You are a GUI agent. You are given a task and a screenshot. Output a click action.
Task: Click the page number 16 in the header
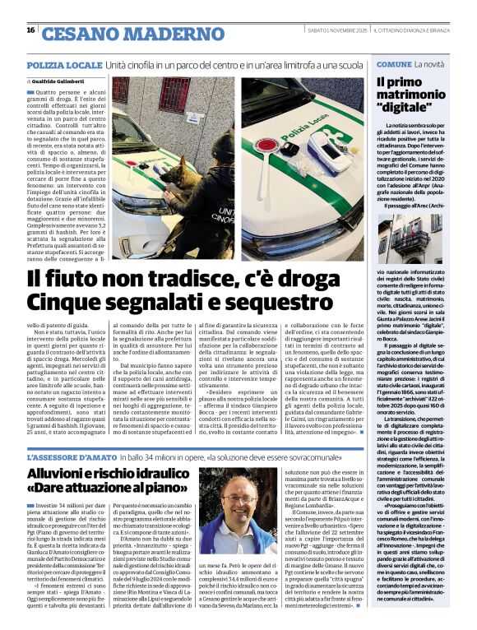click(x=30, y=30)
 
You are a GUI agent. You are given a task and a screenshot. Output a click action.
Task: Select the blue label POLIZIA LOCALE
click(x=63, y=64)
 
